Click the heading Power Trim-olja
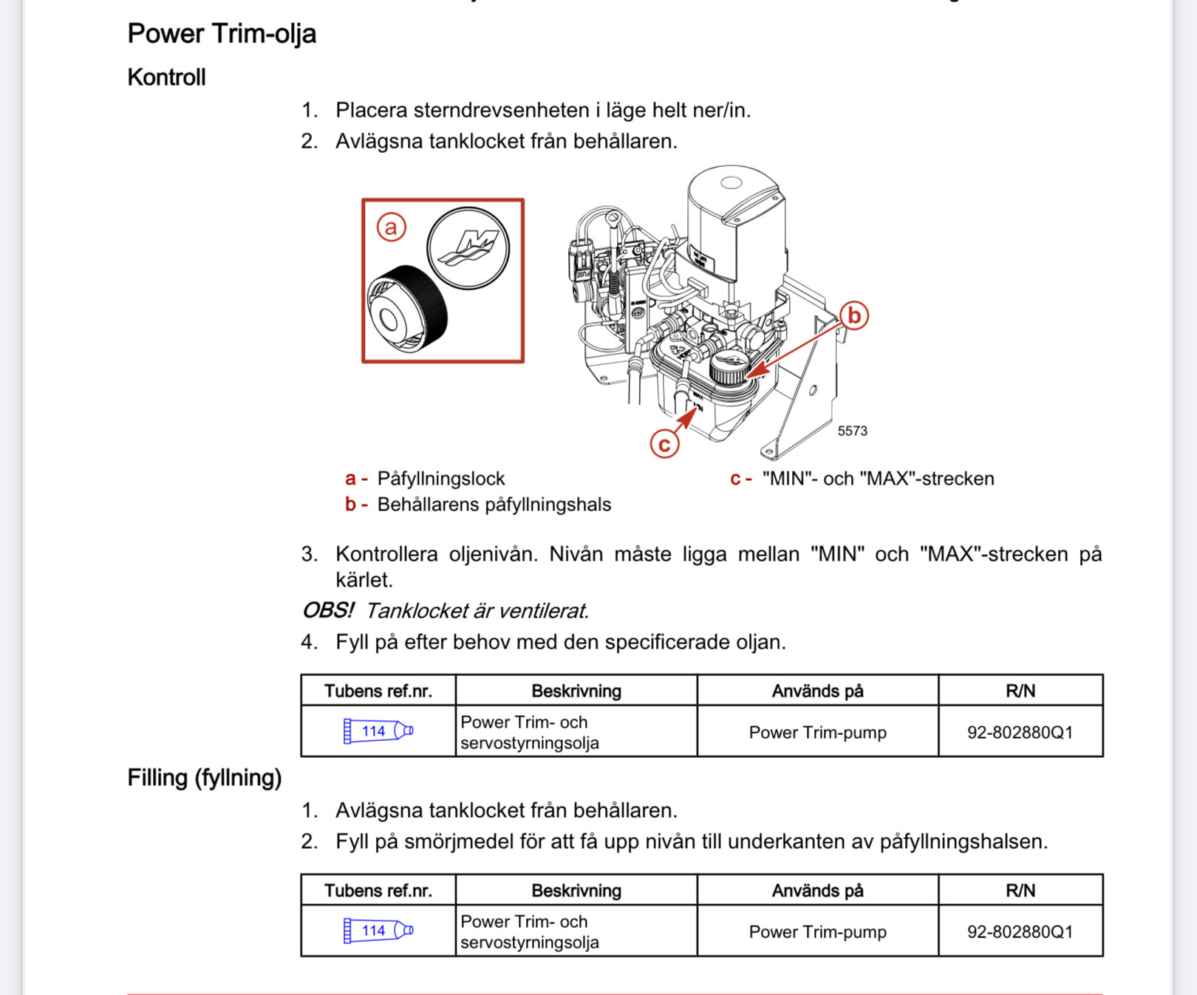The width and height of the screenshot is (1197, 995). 222,34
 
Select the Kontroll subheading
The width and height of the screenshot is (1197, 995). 166,78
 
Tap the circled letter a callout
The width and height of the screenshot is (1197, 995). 391,227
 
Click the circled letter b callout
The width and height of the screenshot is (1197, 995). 854,315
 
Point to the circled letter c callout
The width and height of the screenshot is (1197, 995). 664,444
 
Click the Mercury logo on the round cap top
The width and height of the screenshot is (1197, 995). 468,247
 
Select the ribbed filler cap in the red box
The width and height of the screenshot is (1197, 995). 407,309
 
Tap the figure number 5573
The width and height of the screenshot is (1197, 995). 852,431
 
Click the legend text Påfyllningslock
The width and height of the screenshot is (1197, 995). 440,479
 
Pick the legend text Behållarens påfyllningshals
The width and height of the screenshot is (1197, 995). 494,505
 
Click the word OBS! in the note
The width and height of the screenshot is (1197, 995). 328,611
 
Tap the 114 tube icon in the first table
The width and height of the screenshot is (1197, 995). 378,731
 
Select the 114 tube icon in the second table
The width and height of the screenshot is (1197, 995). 378,931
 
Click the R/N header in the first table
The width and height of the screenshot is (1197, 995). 1020,691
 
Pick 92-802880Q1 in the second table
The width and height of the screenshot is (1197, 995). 1020,932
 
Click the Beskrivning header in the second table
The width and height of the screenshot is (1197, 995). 576,891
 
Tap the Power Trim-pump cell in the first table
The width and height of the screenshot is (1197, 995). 817,732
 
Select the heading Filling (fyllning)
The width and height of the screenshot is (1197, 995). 205,778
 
